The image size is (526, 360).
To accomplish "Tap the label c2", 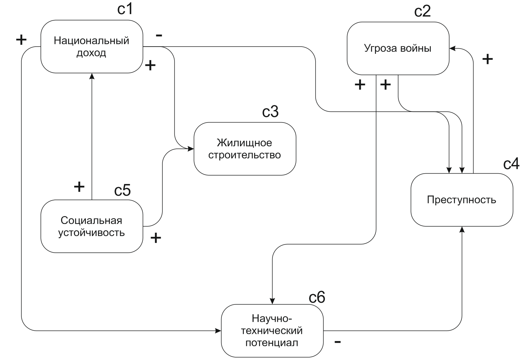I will click(x=422, y=11).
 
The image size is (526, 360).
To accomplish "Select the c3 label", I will click(x=270, y=111).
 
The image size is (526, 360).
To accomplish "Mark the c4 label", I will click(x=511, y=164).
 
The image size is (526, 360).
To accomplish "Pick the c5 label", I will click(x=122, y=190).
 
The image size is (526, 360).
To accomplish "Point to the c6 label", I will click(x=317, y=297).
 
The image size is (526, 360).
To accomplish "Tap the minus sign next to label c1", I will click(x=159, y=35).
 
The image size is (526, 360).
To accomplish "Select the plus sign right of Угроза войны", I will click(x=487, y=59).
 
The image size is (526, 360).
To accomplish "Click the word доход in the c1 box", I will click(x=91, y=53).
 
